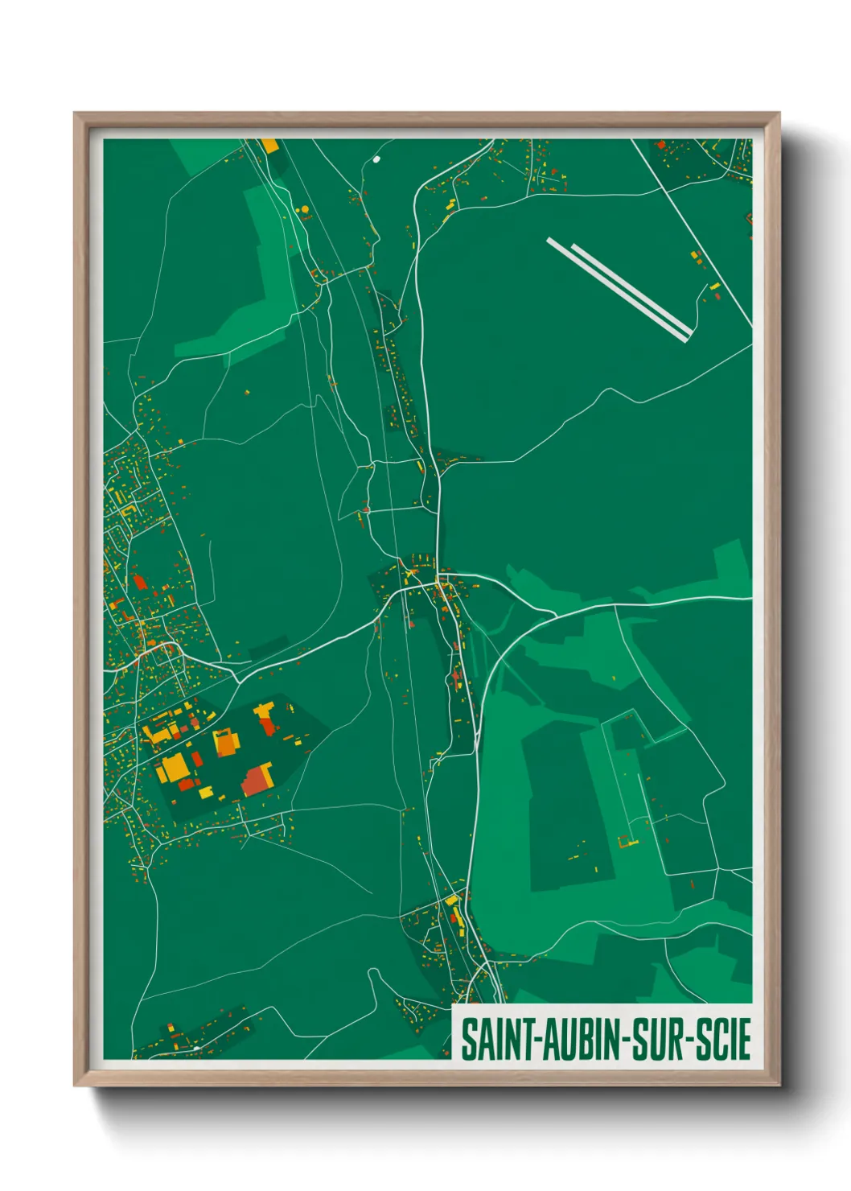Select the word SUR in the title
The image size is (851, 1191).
pos(657,1039)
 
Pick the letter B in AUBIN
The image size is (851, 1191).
pos(586,1039)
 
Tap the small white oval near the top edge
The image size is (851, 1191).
pos(376,159)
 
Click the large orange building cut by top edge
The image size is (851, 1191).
pos(269,146)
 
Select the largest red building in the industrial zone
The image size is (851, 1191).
pos(257,780)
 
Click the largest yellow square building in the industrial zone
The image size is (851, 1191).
pos(173,768)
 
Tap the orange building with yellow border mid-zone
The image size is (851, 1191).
pos(225,742)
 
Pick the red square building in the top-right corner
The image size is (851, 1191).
pos(661,146)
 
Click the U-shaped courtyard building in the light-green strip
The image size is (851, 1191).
pos(627,842)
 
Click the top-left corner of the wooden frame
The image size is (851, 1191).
pos(76,114)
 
